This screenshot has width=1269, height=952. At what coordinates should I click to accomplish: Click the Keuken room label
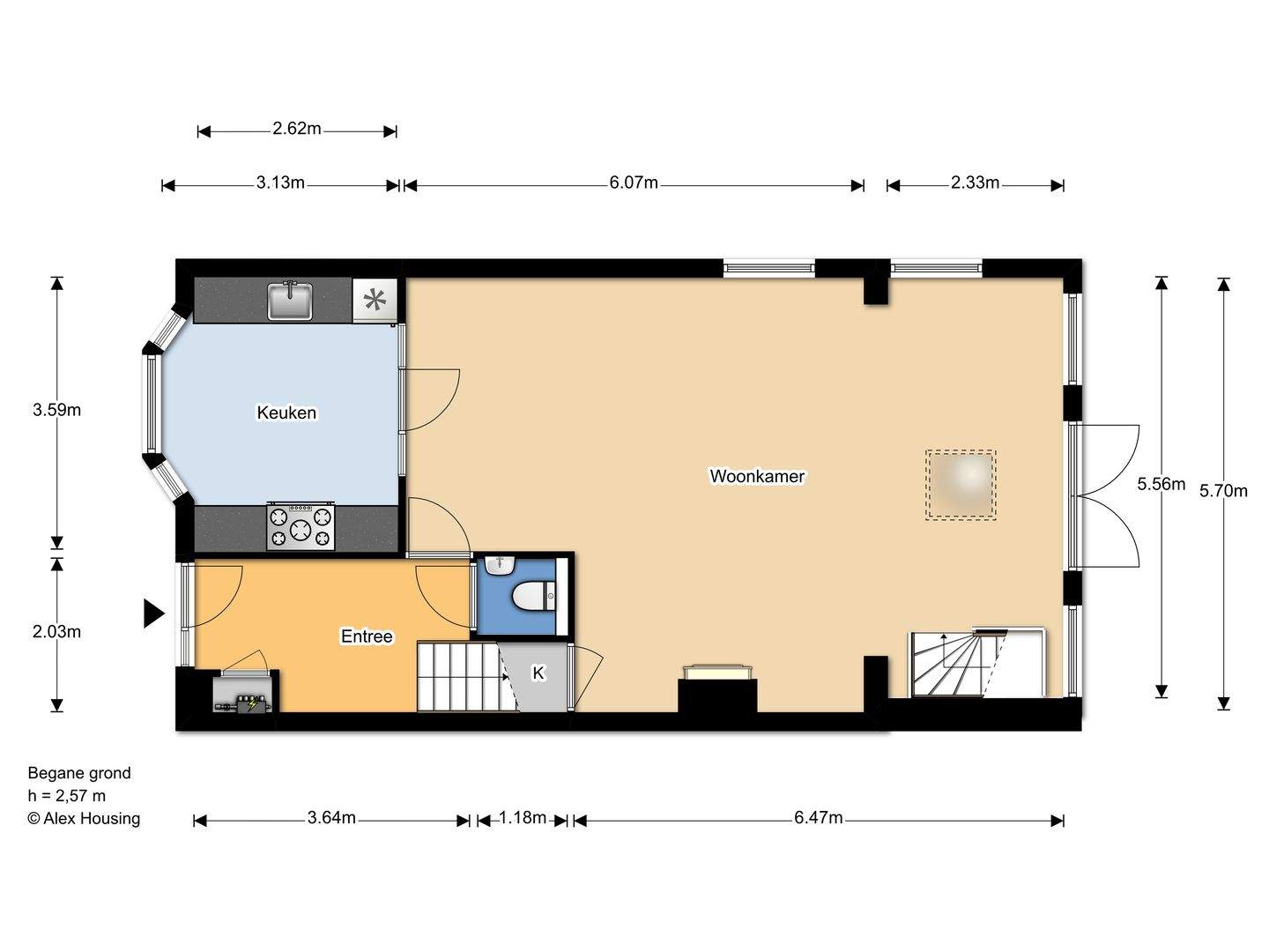(286, 413)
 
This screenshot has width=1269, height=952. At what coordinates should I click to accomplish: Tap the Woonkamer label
(757, 476)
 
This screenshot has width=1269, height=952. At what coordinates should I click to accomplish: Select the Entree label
(367, 636)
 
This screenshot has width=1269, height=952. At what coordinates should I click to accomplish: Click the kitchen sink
(290, 300)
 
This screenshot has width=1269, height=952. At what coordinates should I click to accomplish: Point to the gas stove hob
(301, 526)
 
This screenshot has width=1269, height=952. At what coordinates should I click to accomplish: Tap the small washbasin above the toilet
(500, 565)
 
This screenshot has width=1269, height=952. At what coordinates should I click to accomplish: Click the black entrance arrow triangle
(154, 614)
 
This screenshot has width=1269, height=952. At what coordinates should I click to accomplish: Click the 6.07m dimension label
(634, 182)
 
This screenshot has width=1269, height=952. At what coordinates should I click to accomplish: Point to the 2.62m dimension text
(297, 129)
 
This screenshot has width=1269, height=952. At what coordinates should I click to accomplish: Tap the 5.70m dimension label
(1223, 491)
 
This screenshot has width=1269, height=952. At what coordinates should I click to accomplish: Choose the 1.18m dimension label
(522, 818)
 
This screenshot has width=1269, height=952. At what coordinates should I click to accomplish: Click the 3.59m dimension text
(56, 411)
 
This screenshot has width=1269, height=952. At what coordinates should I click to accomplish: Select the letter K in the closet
(538, 673)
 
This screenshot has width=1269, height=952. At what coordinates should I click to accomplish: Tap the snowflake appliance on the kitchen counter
(375, 300)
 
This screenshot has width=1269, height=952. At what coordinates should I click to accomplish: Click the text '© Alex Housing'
(84, 819)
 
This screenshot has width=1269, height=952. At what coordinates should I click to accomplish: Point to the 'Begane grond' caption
(79, 773)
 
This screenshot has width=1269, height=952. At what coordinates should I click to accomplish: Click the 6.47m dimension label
(818, 818)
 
